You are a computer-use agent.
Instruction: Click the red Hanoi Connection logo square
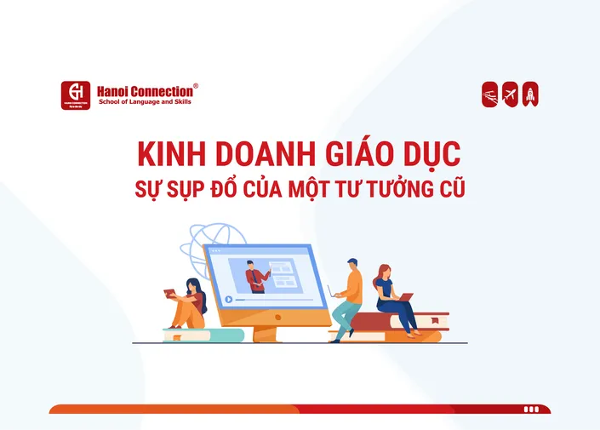[x=76, y=95]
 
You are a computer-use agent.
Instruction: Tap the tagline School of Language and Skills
[x=146, y=101]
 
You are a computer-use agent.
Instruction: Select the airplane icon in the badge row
[x=510, y=95]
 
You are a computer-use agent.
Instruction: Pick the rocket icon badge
[x=530, y=95]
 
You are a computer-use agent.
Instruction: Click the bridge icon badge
[x=490, y=95]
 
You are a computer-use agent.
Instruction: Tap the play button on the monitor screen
[x=228, y=299]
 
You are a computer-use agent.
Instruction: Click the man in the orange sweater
[x=349, y=294]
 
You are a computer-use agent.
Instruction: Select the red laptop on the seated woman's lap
[x=404, y=298]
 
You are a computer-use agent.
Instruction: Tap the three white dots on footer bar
[x=531, y=410]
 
